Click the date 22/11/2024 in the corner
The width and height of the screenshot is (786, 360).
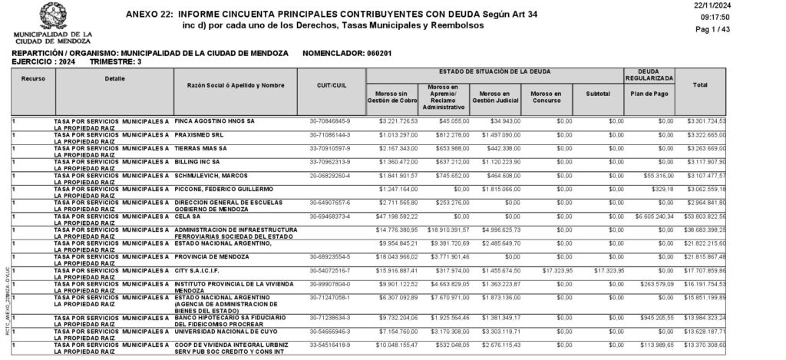point(758,5)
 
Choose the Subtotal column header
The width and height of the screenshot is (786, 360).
point(597,94)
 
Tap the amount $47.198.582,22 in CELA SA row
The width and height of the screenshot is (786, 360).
point(391,217)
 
